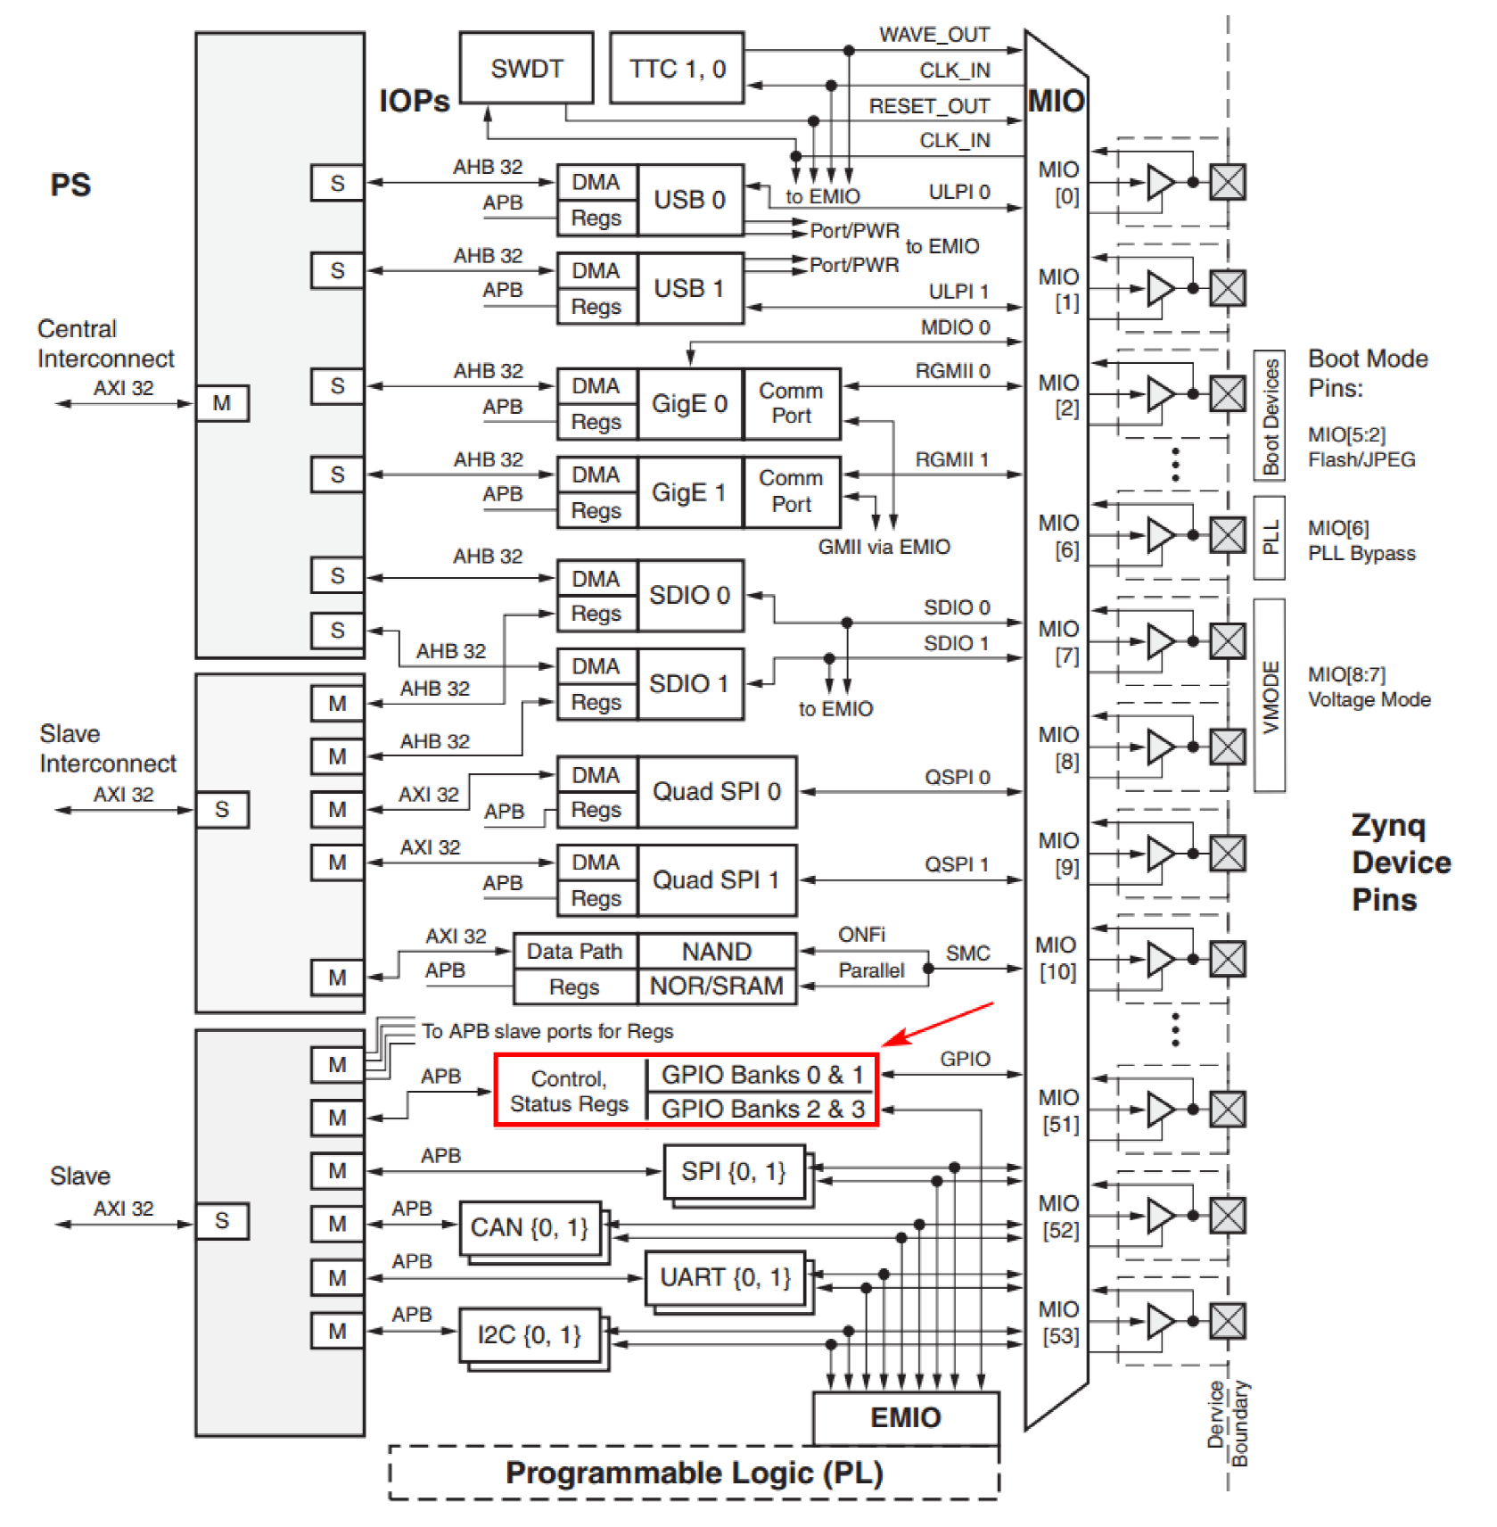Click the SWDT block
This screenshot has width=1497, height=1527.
coord(526,69)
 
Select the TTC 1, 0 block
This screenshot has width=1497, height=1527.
coord(677,69)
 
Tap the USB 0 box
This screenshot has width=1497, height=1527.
coord(689,200)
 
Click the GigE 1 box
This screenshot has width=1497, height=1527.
coord(689,492)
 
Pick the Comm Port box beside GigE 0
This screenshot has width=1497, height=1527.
coord(791,404)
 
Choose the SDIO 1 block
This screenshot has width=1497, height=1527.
coord(689,684)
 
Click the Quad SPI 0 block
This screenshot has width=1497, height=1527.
coord(716,792)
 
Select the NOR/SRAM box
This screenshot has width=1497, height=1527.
coord(716,986)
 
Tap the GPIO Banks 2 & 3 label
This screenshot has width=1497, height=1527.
coord(762,1109)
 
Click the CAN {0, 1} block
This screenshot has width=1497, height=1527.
coord(529,1228)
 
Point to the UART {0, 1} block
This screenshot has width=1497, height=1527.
coord(724,1278)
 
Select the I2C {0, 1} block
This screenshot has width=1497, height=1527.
coord(529,1335)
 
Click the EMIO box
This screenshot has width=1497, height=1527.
coord(905,1417)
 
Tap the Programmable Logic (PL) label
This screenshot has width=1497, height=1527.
coord(694,1473)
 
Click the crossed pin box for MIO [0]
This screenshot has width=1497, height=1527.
coord(1227,182)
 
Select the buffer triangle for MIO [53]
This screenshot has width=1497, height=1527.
coord(1160,1321)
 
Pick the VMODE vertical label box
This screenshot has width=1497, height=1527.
coord(1270,696)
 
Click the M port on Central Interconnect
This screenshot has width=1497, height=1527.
coord(221,403)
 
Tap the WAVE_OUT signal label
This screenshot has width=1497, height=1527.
coord(934,35)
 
